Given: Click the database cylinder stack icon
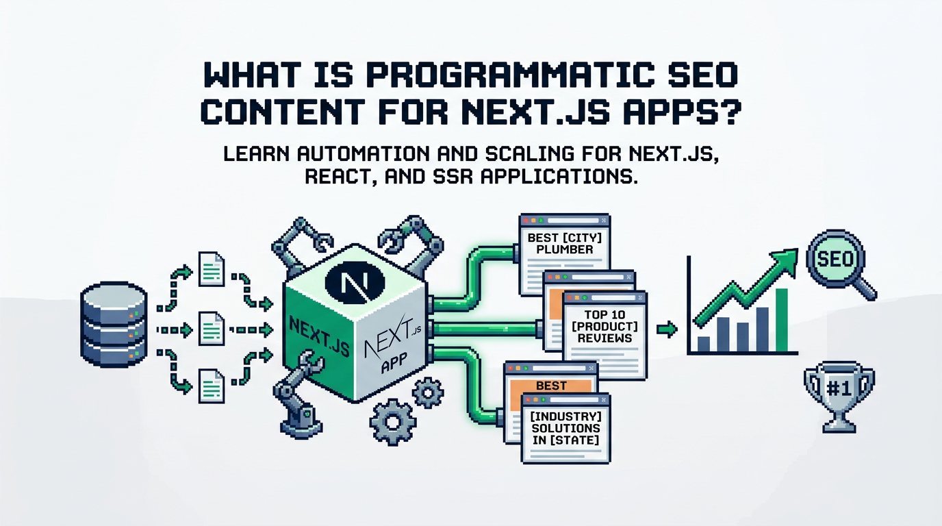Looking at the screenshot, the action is point(114,325).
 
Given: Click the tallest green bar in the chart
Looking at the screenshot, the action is point(781,320).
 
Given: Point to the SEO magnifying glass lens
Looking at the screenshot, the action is point(835,258).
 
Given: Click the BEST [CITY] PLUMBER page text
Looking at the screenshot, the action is point(564,244).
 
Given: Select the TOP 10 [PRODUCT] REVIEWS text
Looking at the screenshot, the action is point(604,326).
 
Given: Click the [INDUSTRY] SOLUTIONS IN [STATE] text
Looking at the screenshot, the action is point(565,428).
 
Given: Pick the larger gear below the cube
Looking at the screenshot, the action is point(393,422).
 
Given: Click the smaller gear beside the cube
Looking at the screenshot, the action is point(428,392).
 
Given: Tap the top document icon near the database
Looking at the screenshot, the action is point(211,269).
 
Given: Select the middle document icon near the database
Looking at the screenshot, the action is point(211,329).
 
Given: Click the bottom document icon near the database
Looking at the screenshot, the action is point(211,386).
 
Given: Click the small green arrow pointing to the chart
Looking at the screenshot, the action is point(667,329).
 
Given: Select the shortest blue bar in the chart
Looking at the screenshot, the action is point(704,344).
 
